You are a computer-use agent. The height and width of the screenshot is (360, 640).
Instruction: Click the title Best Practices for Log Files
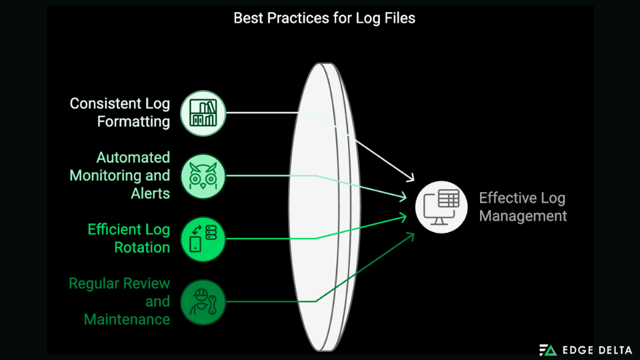coord(324,18)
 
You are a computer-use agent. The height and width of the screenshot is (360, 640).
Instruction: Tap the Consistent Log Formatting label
coord(120,113)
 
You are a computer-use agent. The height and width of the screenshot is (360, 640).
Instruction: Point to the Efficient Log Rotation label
coord(129,238)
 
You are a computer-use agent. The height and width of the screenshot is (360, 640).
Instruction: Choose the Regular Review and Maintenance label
coord(120,301)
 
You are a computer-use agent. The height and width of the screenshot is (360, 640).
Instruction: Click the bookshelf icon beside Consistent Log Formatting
coord(203,113)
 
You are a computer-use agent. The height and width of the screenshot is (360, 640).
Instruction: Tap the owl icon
coord(203,176)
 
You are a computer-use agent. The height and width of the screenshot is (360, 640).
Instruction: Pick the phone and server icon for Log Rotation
coord(203,239)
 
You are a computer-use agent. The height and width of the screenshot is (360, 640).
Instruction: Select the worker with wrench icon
coord(203,301)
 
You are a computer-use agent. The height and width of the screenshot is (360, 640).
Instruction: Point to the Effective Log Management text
coord(523,207)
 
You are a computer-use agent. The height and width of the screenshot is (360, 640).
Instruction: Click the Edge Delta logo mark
coord(548,349)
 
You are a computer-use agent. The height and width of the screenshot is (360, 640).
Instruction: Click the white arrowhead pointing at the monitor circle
coord(411,178)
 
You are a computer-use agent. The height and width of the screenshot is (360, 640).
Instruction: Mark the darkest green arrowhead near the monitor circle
coord(410,235)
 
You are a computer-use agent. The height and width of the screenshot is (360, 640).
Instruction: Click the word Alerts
coord(150,193)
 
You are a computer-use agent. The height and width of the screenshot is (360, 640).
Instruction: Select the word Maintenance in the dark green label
coord(127,319)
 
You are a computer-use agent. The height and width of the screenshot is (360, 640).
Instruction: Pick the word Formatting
coord(133,122)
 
